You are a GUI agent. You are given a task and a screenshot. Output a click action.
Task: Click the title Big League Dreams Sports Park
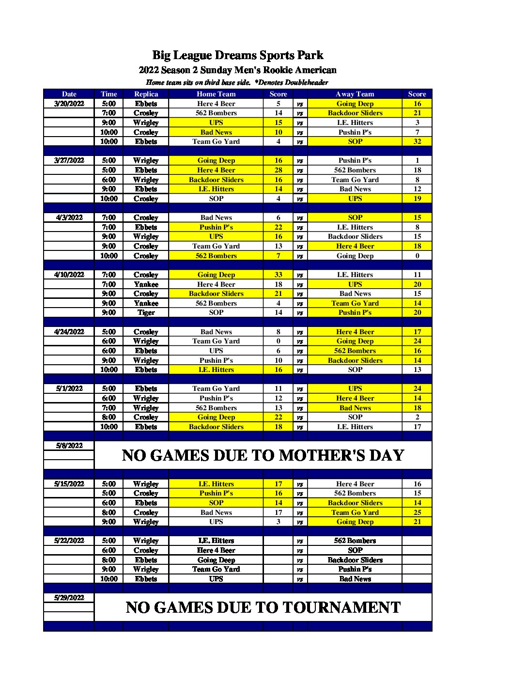[x=237, y=55]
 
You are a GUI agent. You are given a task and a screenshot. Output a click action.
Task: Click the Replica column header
[x=146, y=94]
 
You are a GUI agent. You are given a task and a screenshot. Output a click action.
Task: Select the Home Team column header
[x=216, y=94]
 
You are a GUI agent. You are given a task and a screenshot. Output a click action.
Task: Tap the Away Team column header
[x=355, y=94]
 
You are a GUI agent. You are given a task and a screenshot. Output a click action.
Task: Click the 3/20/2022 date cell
[x=69, y=104]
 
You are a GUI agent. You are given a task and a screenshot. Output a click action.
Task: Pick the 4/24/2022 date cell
[x=69, y=332]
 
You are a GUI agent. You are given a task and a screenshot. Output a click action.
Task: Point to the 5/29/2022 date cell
[x=69, y=598]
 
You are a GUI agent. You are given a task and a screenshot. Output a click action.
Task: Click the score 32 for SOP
[x=417, y=141]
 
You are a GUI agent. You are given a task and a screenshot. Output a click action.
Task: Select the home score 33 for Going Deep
[x=278, y=275]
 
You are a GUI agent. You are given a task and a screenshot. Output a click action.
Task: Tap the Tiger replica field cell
[x=146, y=312]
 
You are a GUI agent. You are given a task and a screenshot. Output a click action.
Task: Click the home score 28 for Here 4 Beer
[x=278, y=170]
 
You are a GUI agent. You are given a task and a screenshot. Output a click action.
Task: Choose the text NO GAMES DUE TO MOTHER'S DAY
[x=263, y=455]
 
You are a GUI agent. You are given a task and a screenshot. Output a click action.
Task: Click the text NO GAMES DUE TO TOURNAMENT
[x=263, y=607]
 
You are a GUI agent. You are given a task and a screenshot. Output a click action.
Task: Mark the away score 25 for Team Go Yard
[x=417, y=512]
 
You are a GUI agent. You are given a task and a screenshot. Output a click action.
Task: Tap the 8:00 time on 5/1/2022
[x=108, y=417]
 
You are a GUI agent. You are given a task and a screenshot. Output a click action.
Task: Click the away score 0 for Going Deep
[x=417, y=256]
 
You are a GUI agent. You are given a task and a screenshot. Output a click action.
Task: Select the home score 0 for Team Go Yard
[x=278, y=341]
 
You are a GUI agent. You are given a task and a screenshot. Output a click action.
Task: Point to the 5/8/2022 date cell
[x=69, y=446]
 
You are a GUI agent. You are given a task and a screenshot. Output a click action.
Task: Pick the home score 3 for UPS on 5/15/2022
[x=278, y=522]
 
